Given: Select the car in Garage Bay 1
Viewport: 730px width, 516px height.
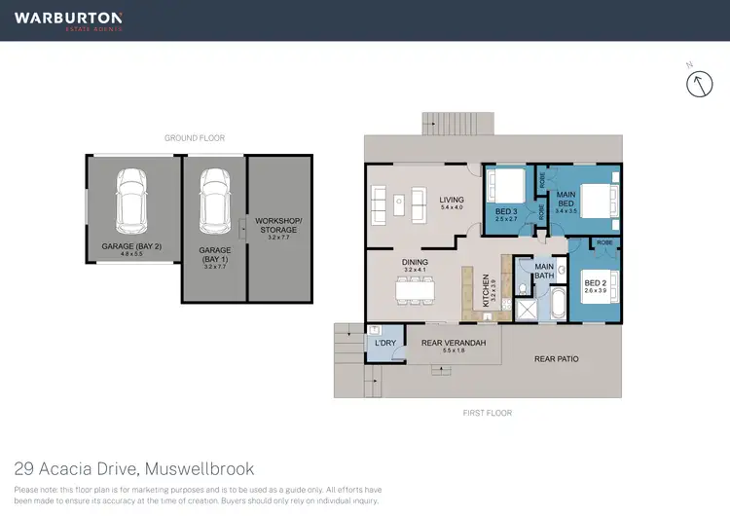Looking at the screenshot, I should (x=213, y=201).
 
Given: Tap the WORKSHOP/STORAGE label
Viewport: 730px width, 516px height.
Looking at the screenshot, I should (x=278, y=227).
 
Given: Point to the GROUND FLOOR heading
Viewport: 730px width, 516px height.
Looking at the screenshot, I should (x=195, y=138).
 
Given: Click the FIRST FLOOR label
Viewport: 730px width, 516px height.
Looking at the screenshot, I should (x=488, y=413).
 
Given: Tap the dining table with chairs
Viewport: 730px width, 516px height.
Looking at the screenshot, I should (x=416, y=289).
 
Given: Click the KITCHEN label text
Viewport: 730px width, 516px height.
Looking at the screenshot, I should (x=487, y=291).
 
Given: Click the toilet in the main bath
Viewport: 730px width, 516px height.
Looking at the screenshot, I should (x=523, y=288).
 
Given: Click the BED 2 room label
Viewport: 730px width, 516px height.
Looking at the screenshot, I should (x=595, y=286).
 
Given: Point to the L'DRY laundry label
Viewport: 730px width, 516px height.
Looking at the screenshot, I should (x=383, y=343).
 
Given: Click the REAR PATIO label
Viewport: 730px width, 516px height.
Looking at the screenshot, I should (x=557, y=359).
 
